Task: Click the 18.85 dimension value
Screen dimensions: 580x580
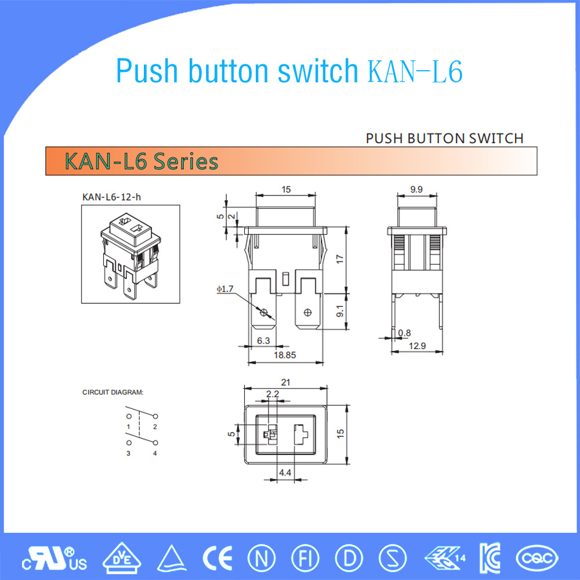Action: point(284,354)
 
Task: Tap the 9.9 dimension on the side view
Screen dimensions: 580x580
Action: point(416,189)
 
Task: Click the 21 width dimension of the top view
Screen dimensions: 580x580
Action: point(285,382)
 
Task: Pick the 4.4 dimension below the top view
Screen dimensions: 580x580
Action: point(285,473)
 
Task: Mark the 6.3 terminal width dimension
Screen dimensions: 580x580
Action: point(263,340)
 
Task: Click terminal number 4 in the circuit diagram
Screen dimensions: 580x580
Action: point(155,453)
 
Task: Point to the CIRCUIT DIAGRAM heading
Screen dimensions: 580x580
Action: point(113,393)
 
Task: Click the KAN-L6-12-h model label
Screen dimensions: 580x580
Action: point(111,197)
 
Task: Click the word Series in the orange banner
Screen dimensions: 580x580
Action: point(186,161)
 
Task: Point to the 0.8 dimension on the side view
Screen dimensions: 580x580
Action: point(404,333)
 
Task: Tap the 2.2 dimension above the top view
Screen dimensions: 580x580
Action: point(272,394)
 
